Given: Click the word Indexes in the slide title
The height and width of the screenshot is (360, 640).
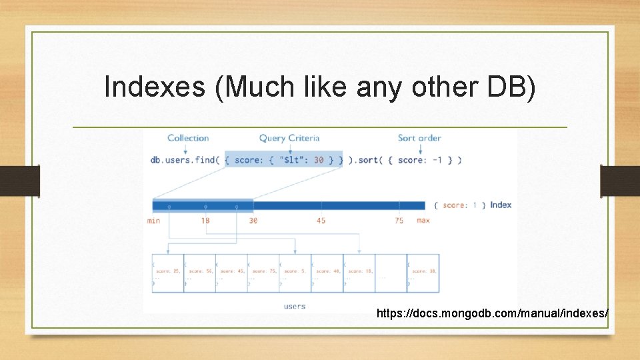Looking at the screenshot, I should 155,87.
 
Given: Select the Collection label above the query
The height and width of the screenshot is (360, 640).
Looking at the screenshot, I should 188,138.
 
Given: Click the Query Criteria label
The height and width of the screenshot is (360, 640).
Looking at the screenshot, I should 289,138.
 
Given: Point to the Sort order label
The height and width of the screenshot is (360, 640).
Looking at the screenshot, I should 419,138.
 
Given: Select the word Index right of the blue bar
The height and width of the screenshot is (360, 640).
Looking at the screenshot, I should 501,205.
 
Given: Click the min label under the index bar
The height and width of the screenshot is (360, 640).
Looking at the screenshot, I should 153,221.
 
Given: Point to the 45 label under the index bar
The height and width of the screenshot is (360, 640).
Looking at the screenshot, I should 321,221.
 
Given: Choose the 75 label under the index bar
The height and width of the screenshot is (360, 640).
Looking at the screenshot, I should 399,221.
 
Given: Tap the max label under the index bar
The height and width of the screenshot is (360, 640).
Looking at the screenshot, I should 423,221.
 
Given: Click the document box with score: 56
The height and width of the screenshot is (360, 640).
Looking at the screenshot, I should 199,273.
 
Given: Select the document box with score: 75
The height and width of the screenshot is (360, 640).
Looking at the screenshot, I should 263,273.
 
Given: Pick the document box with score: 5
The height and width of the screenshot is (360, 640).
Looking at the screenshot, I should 295,273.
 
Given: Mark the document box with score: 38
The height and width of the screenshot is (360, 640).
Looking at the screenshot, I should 423,273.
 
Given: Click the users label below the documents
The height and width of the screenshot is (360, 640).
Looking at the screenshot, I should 294,306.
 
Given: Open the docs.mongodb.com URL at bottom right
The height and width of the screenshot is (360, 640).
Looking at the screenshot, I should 492,313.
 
